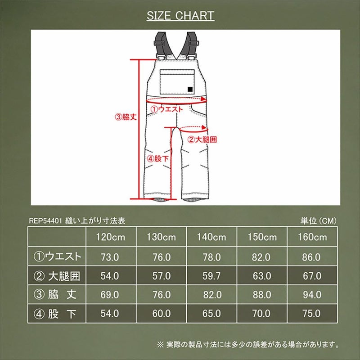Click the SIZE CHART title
coord(180,16)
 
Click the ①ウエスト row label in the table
coord(57,257)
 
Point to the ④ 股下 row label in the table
coord(57,313)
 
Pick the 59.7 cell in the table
coord(211,276)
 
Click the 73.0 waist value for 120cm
coord(110,257)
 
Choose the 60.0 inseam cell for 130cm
coord(161,313)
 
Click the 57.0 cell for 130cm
coord(161,276)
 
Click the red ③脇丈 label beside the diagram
coord(126,117)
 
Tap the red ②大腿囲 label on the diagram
coord(202,139)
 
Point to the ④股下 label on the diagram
coord(158,158)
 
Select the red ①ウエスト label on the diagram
coord(166,108)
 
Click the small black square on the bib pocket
coord(191,89)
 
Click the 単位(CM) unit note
coord(318,221)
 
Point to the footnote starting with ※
coord(247,345)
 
